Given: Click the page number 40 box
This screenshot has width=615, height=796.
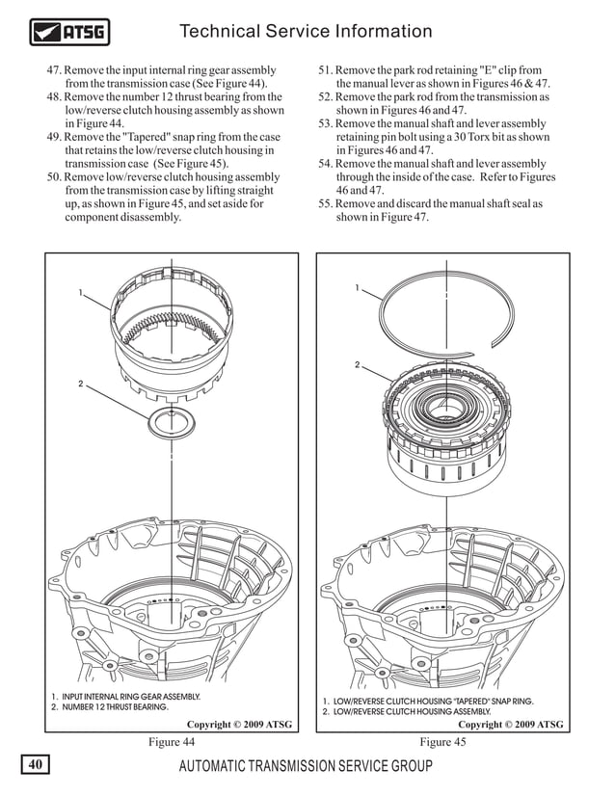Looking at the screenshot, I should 35,766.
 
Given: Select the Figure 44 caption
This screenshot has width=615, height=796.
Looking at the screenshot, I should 172,742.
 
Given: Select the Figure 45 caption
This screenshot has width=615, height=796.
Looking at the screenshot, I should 442,742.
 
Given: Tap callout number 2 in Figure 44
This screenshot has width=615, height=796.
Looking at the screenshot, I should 82,385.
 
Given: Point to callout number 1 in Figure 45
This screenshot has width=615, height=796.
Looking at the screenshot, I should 356,287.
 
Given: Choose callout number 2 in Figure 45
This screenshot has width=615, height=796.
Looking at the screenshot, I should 356,365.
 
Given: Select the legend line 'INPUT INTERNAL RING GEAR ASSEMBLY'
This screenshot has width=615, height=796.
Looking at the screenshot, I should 125,696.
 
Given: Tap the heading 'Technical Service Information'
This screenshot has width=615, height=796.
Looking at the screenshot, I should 307,32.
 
